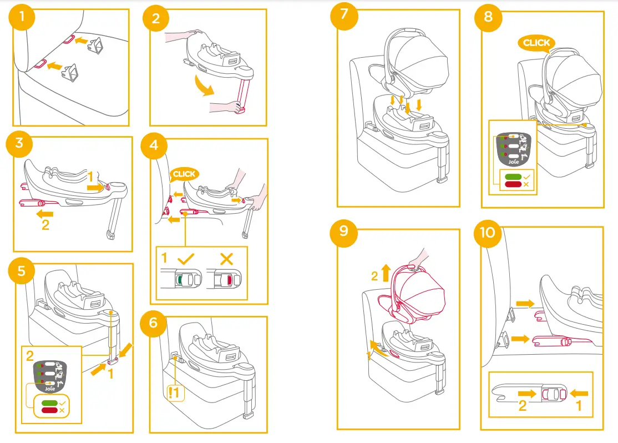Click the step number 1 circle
tap(22, 17)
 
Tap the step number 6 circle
tap(155, 323)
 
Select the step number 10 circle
tap(487, 233)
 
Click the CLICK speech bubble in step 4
tap(184, 174)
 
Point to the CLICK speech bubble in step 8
tap(536, 43)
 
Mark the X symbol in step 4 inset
tap(225, 258)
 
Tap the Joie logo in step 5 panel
tap(50, 389)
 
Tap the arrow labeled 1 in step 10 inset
tap(579, 394)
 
